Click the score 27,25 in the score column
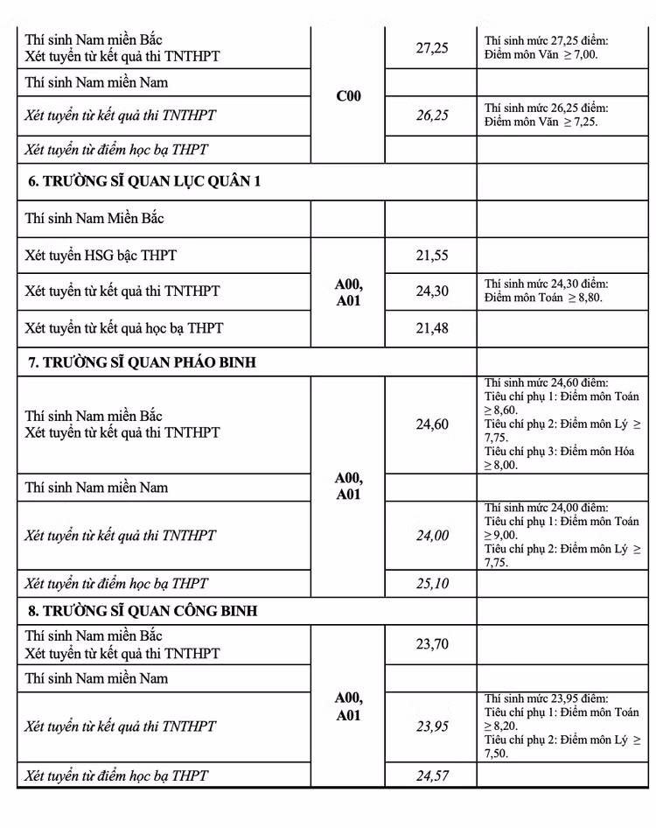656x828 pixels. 432,48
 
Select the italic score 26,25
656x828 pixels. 432,115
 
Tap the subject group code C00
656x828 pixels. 348,96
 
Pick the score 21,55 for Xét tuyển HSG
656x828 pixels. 432,256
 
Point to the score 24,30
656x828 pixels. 432,291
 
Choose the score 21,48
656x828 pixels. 432,328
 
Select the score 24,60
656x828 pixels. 432,425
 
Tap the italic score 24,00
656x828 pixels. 432,536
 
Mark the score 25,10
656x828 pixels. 432,584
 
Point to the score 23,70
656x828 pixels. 432,644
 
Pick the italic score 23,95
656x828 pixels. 432,726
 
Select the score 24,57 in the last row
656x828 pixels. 432,775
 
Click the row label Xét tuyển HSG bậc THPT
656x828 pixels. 101,256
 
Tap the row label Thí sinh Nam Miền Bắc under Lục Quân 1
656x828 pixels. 94,218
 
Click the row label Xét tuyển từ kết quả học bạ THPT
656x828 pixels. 124,328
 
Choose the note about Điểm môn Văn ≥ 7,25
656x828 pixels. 547,115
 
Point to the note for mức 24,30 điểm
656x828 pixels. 547,291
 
